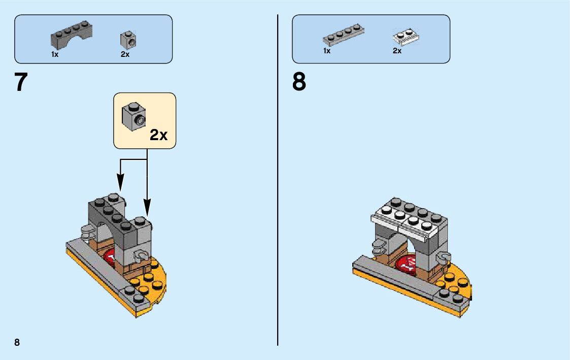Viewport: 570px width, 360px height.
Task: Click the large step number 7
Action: coord(21,82)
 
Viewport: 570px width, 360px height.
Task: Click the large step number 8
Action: coord(299,82)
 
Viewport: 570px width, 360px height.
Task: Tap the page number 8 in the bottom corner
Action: coord(17,342)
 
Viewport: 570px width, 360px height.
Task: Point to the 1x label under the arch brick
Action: coord(55,54)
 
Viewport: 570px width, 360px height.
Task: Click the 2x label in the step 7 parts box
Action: coord(125,54)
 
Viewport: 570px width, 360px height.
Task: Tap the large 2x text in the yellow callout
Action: coord(158,135)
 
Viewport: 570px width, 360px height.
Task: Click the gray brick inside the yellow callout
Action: coord(133,116)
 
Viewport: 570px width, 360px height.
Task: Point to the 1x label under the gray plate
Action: coord(327,51)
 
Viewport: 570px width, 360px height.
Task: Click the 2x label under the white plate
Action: coord(397,51)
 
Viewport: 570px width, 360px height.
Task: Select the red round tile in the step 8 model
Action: coord(406,263)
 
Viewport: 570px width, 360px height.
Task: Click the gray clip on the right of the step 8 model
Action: coord(445,257)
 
